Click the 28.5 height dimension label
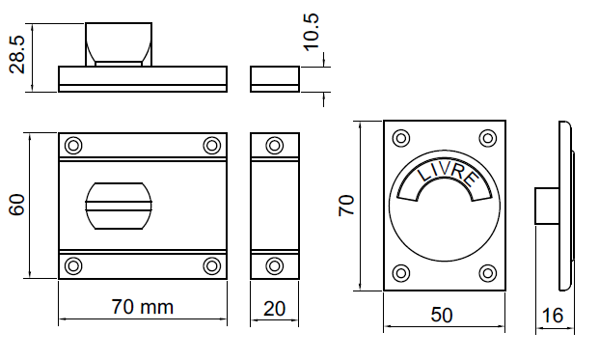(17, 54)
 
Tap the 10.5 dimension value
(311, 31)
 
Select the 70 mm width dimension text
(142, 307)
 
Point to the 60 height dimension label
(17, 206)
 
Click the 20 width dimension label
(274, 309)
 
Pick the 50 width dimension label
(442, 315)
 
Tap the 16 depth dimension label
(553, 316)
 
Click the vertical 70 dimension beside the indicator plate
(346, 206)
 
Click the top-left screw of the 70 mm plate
(73, 146)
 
